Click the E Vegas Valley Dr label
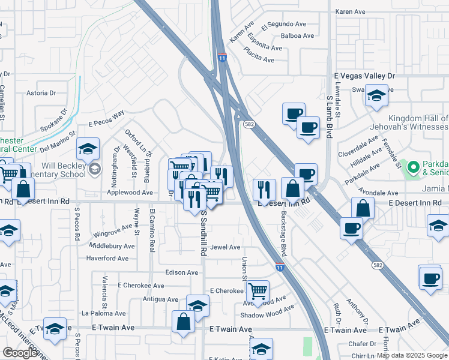[x=365, y=76]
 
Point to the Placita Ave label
[x=259, y=60]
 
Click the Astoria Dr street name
[x=41, y=93]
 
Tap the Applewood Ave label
[x=130, y=193]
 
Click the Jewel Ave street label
[x=226, y=247]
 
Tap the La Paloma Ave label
[x=104, y=313]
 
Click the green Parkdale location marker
[x=413, y=167]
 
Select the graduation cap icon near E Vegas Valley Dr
[x=376, y=96]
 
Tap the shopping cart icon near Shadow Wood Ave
[x=258, y=291]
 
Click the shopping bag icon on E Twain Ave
[x=183, y=322]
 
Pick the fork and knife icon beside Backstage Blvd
[x=264, y=189]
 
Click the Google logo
[x=20, y=353]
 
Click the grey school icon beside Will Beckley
[x=94, y=170]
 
